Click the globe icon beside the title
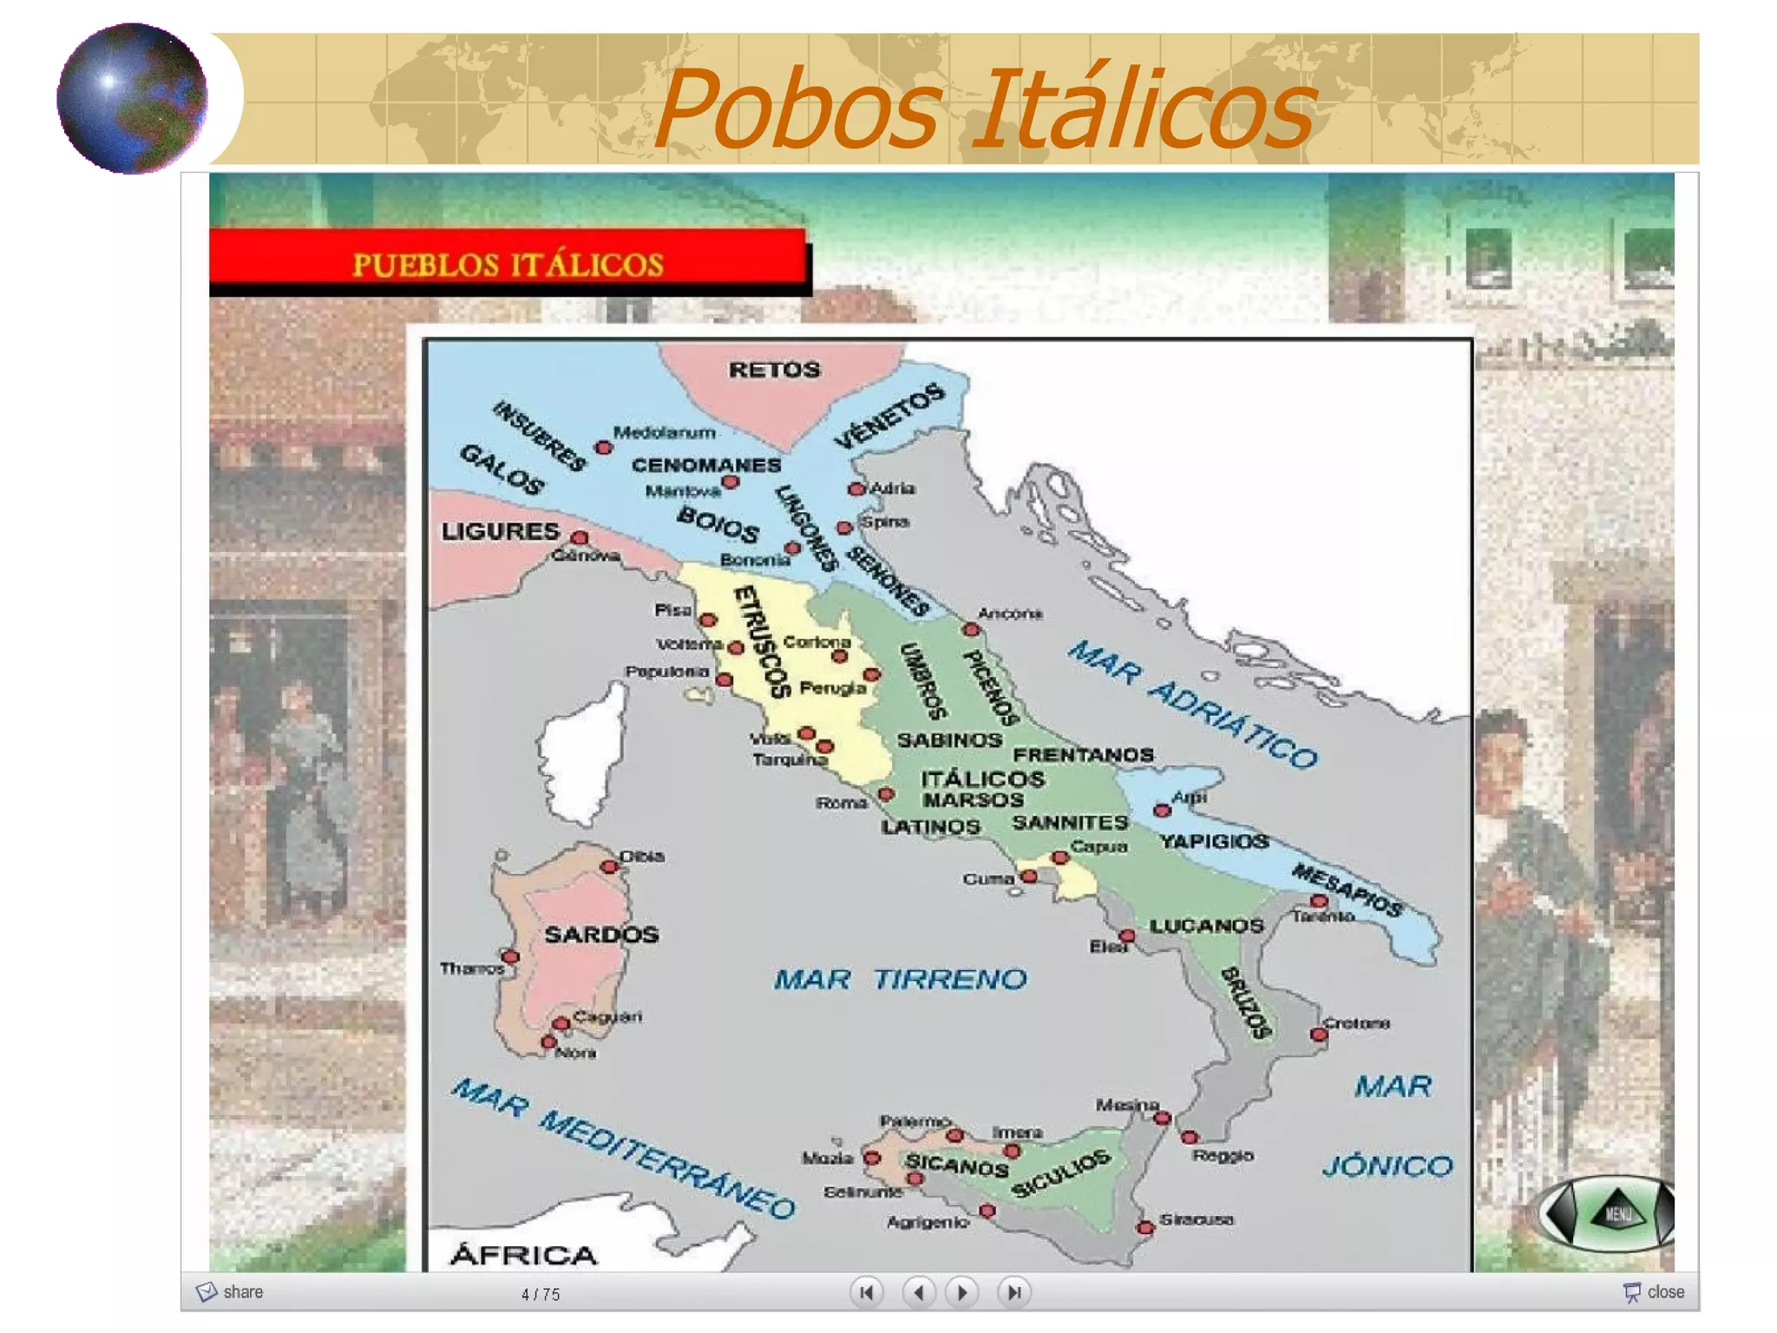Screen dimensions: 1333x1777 [x=132, y=98]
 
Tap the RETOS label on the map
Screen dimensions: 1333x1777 [x=774, y=371]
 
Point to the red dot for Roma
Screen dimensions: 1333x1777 [x=886, y=794]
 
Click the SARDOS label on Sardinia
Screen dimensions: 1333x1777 [x=601, y=935]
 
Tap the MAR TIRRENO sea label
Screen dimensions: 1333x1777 [x=900, y=980]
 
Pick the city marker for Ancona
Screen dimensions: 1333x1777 [x=971, y=629]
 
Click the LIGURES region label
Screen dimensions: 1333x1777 [x=500, y=531]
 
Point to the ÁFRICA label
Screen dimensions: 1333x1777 [x=524, y=1255]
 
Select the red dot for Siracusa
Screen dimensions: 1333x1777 [x=1145, y=1227]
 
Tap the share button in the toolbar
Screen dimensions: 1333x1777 [x=230, y=1292]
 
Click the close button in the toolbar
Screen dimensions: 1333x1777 [x=1654, y=1292]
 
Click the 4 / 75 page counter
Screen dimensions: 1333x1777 [x=541, y=1295]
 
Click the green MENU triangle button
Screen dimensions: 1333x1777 [x=1617, y=1212]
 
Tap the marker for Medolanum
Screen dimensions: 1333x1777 [x=604, y=448]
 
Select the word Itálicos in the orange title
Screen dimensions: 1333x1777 [x=1144, y=110]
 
